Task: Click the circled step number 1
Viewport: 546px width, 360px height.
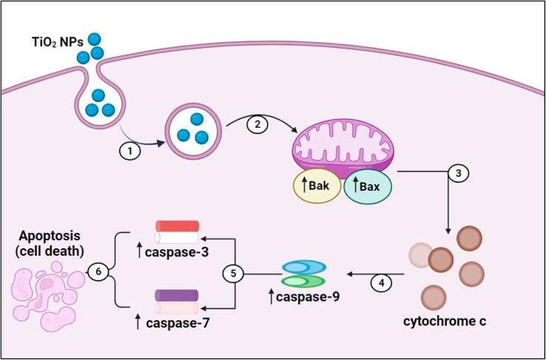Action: point(129,149)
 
